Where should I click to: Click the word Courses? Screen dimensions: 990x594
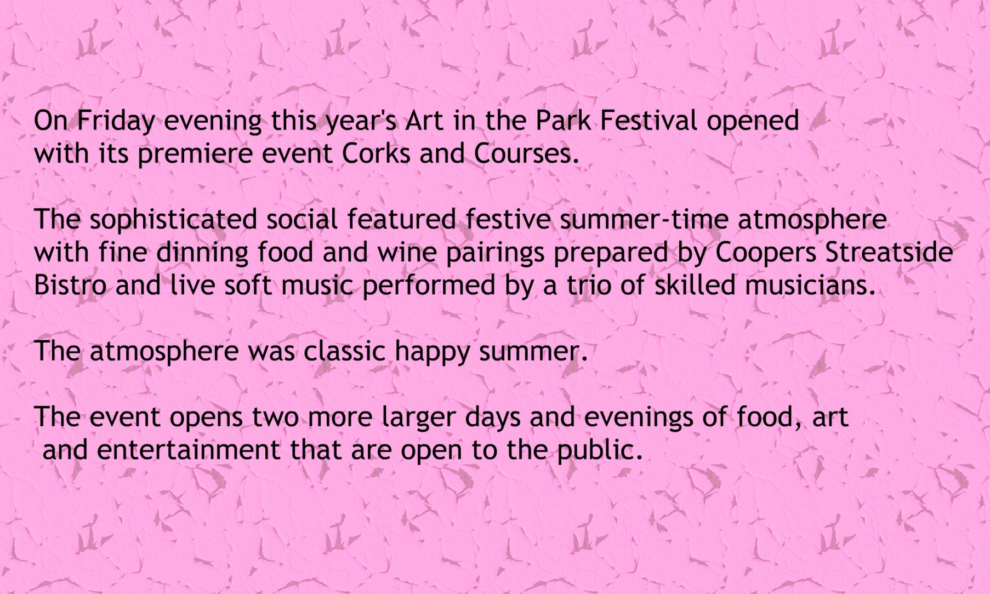coord(526,153)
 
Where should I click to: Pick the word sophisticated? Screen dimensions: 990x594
coord(173,220)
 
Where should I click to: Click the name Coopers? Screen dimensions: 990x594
coord(766,253)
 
